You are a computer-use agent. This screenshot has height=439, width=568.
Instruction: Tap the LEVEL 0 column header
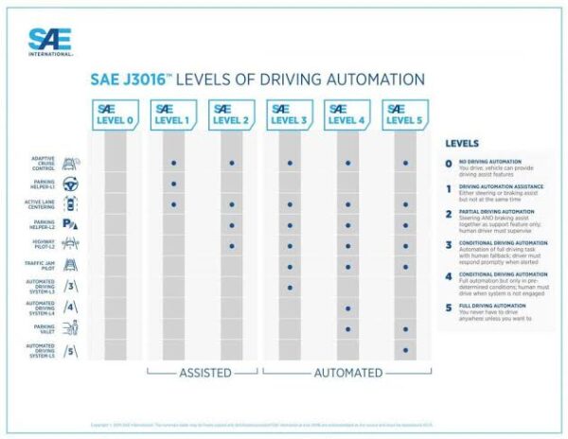(x=115, y=114)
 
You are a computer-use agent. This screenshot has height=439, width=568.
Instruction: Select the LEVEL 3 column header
(x=290, y=114)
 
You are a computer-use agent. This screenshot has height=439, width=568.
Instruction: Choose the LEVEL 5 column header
(x=405, y=114)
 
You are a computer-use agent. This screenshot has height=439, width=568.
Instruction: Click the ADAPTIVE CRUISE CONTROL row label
(x=44, y=163)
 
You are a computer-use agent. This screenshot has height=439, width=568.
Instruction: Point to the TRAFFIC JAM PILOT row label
(x=44, y=266)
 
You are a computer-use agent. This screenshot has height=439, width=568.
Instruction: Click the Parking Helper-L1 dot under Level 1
(x=174, y=184)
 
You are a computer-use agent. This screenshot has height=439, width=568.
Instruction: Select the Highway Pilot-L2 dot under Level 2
(x=232, y=246)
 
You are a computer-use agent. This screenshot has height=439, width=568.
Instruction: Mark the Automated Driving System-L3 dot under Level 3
(x=290, y=288)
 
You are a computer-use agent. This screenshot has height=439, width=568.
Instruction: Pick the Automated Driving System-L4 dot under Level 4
(x=347, y=308)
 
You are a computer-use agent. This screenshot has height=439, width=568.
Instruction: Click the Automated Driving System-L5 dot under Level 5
(x=405, y=349)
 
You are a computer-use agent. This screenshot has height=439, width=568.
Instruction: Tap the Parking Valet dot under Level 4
(x=347, y=329)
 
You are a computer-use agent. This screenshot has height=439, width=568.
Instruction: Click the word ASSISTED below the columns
(x=205, y=373)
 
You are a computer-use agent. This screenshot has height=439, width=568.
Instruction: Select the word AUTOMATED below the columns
(x=347, y=373)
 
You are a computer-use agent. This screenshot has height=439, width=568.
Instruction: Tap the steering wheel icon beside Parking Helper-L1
(x=70, y=184)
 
